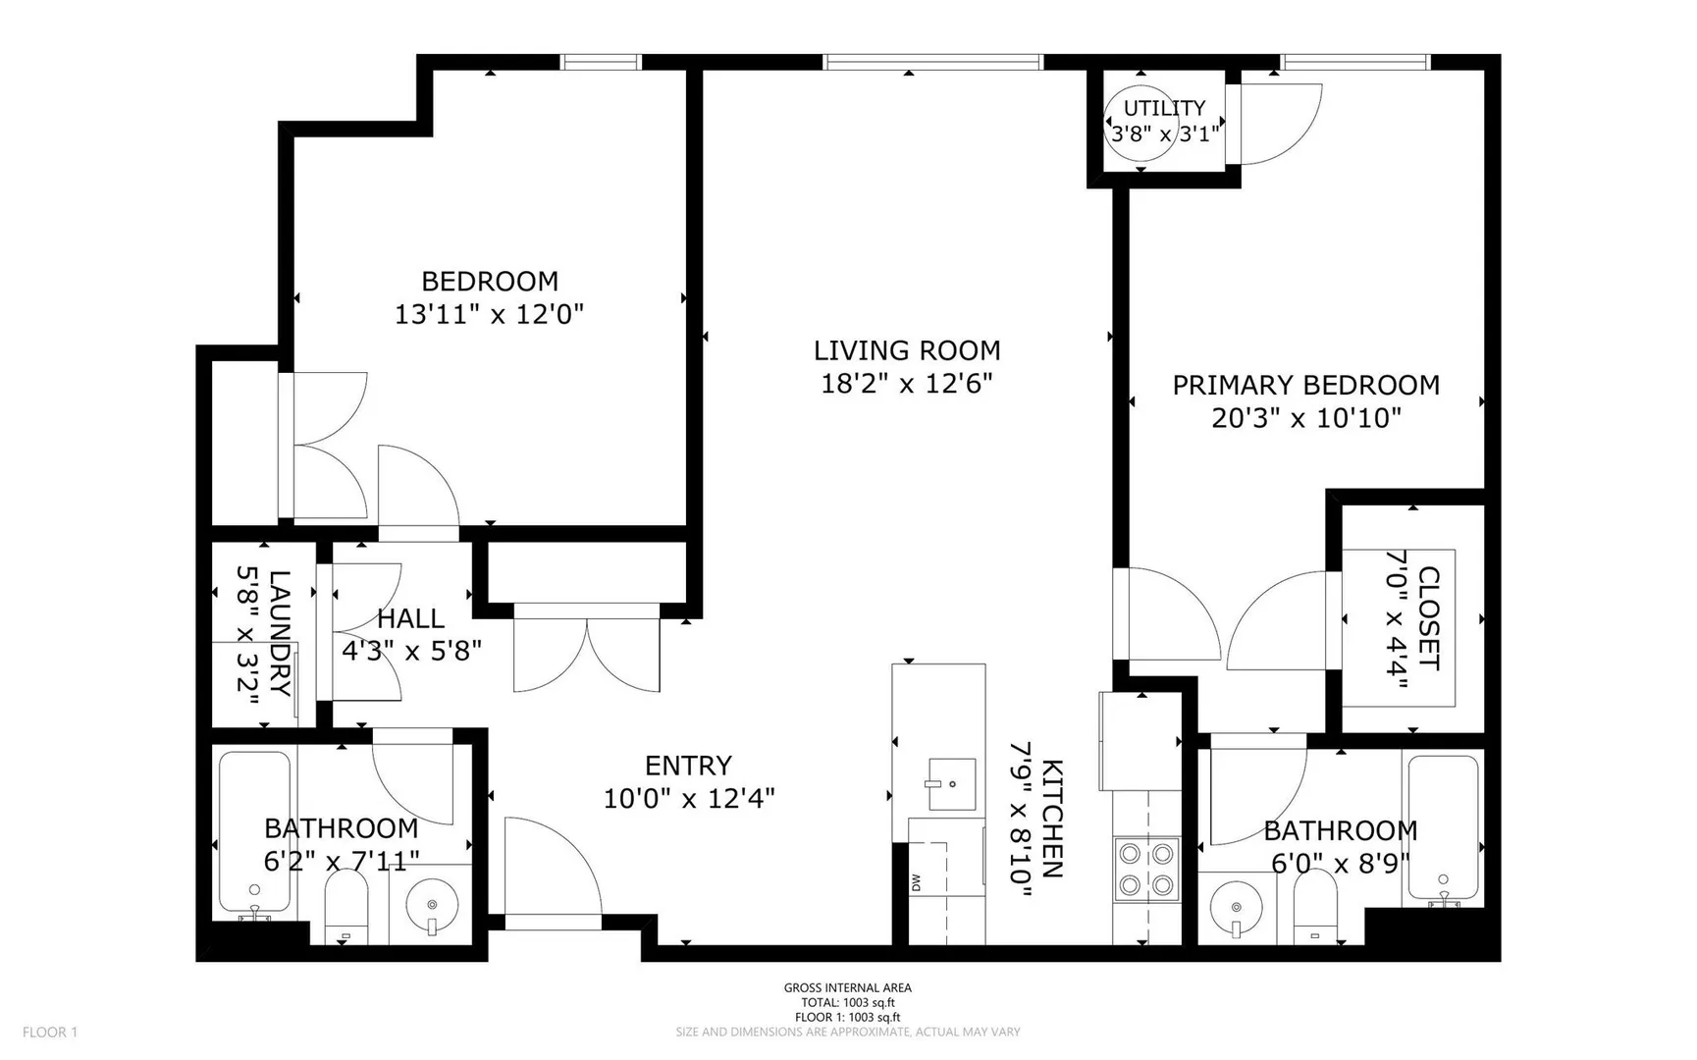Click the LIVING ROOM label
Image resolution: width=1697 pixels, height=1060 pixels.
(x=907, y=350)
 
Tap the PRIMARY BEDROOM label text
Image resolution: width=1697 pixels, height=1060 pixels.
(x=1306, y=385)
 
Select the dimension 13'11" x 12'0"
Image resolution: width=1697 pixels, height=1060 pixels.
(x=490, y=315)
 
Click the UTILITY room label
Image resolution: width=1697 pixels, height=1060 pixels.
(x=1164, y=108)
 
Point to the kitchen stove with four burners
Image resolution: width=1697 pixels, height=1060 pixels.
(x=1146, y=869)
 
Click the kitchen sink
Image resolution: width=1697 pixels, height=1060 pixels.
(x=951, y=784)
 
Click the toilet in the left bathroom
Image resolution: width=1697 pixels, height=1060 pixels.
(x=345, y=907)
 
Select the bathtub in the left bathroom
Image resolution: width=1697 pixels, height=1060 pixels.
(x=254, y=834)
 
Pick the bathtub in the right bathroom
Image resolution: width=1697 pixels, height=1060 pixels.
(x=1443, y=829)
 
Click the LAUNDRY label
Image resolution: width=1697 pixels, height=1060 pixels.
(x=280, y=633)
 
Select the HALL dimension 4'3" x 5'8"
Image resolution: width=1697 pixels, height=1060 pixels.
(x=411, y=651)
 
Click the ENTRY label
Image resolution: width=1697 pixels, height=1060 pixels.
(x=688, y=766)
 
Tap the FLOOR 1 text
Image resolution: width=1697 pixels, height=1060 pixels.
(x=50, y=1032)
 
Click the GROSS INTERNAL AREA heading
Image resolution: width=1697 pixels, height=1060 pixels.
(x=848, y=988)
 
